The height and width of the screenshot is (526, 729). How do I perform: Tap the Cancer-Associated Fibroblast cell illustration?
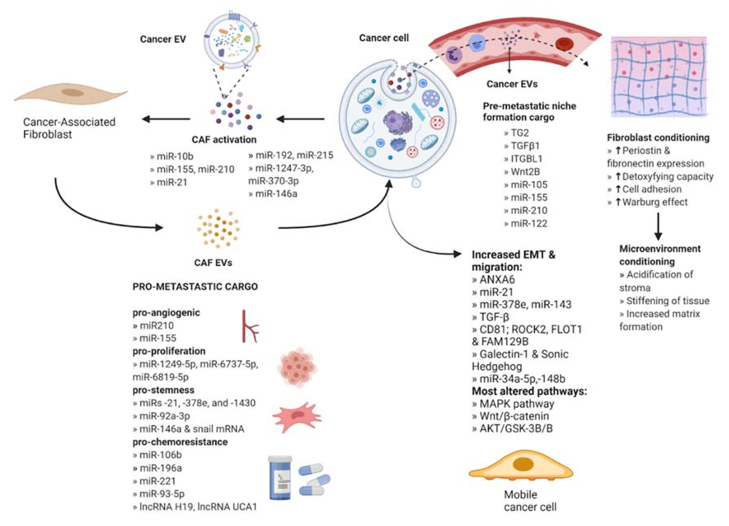(71, 93)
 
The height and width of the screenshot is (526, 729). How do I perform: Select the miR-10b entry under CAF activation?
(172, 156)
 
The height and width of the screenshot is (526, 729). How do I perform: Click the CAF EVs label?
(213, 263)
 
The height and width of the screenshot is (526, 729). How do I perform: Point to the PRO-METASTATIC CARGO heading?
(195, 286)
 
